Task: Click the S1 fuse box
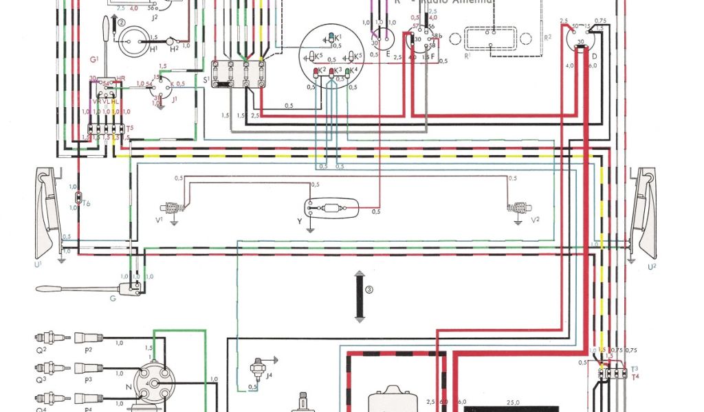pyautogui.click(x=238, y=73)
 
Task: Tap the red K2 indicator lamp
pyautogui.click(x=316, y=71)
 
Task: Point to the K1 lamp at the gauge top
pyautogui.click(x=333, y=36)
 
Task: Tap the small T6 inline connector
pyautogui.click(x=78, y=199)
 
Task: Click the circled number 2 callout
pyautogui.click(x=122, y=23)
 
